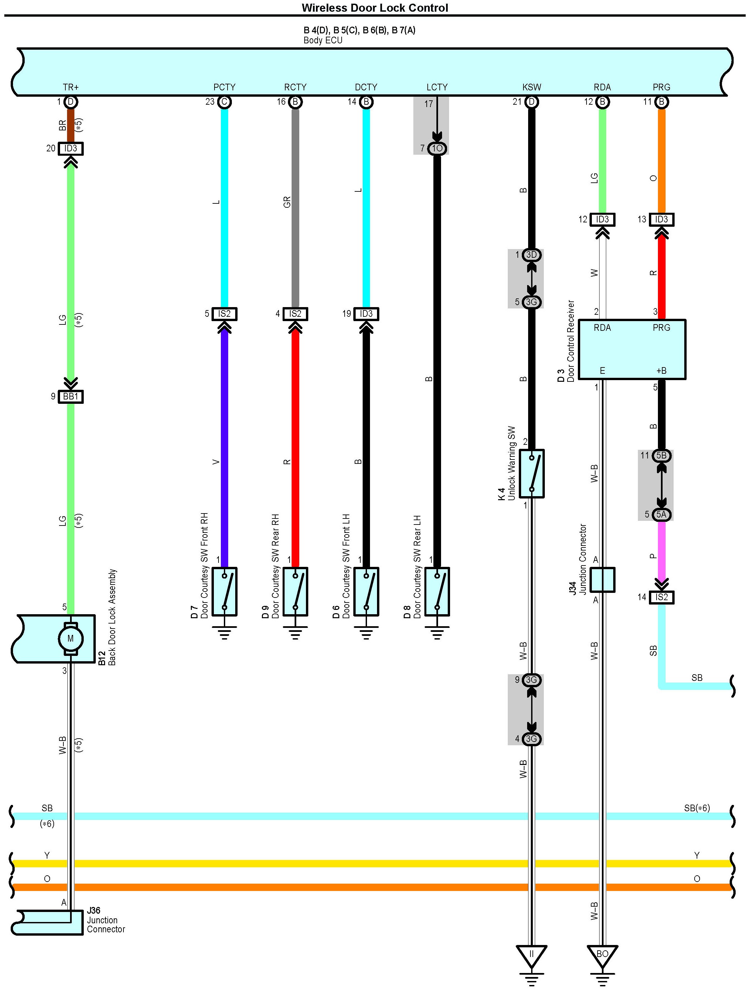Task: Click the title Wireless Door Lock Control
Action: click(x=375, y=8)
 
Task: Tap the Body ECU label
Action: click(x=323, y=40)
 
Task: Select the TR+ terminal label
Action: click(x=70, y=87)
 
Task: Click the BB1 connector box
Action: click(x=70, y=396)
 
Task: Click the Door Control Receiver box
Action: click(x=632, y=349)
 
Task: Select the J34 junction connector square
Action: click(x=602, y=580)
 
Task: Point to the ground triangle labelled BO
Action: click(x=602, y=954)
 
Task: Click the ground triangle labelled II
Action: click(x=531, y=954)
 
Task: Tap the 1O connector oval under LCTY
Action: click(x=437, y=148)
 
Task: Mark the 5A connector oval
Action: click(x=662, y=515)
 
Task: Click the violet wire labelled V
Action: click(x=225, y=448)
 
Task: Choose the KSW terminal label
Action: click(x=531, y=87)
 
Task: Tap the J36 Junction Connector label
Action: click(x=106, y=920)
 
